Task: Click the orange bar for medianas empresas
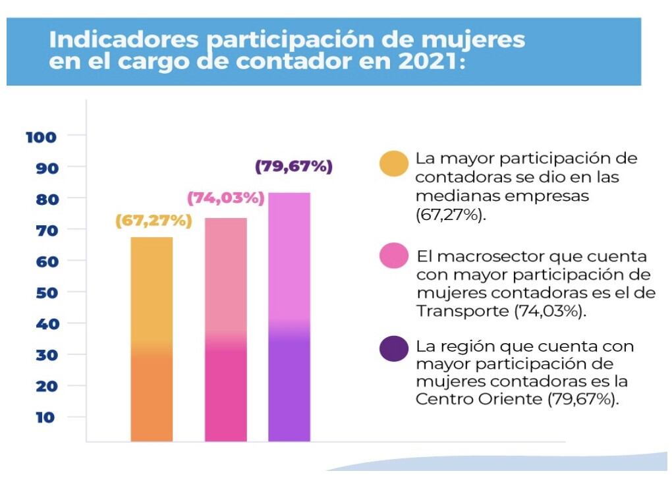[x=152, y=339]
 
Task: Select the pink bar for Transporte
[x=225, y=329]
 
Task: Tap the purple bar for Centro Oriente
[x=289, y=317]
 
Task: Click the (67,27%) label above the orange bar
[x=153, y=221]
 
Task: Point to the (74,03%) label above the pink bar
[x=225, y=198]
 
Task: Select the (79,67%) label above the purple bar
[x=293, y=167]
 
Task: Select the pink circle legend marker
[x=394, y=255]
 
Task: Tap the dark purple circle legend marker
[x=394, y=348]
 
